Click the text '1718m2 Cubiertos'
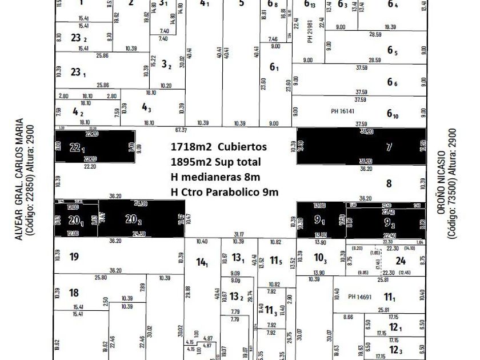218,147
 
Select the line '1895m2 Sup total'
215,162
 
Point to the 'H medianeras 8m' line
215,177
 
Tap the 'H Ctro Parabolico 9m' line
225,192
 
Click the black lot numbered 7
389,147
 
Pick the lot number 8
389,183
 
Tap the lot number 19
74,257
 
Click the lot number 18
74,293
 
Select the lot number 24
401,261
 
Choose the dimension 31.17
239,234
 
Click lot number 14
202,262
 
